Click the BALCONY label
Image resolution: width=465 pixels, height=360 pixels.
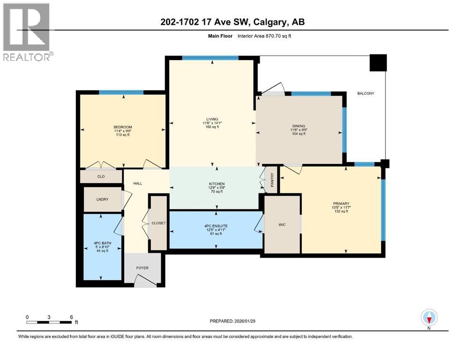366,93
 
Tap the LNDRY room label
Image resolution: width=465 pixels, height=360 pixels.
102,200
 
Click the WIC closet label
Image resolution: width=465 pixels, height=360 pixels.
282,225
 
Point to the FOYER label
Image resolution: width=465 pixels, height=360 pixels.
142,268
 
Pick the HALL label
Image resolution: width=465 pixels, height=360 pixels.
138,183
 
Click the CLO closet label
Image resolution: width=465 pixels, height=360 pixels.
101,177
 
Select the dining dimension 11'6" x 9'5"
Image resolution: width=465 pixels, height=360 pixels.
299,130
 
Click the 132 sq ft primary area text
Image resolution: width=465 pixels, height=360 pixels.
341,212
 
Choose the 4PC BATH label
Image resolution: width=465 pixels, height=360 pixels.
102,243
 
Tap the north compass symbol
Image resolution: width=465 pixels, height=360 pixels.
429,318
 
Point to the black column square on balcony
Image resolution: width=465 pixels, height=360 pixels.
378,63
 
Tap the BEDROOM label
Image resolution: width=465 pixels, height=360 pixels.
123,127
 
